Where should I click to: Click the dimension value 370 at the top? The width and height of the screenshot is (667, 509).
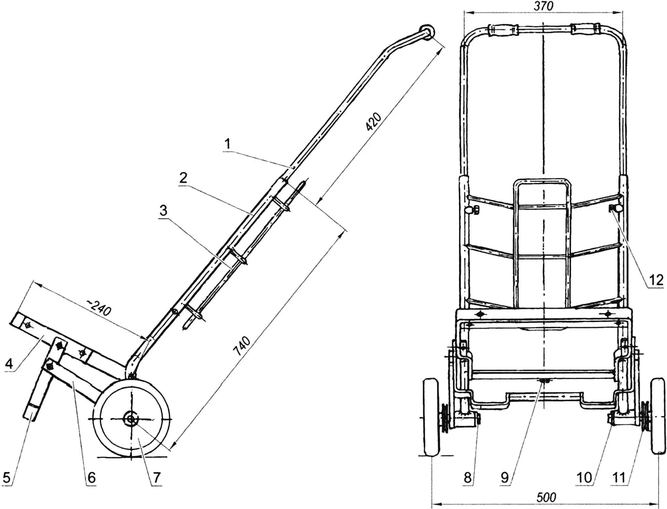(x=543, y=6)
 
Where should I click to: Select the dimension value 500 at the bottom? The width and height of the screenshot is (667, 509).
(x=546, y=497)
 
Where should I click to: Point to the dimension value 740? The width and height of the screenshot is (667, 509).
(x=243, y=346)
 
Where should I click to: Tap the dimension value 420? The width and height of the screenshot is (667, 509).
(x=373, y=121)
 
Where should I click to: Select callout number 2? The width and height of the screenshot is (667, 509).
(x=183, y=178)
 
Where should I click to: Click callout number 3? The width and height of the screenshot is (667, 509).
(x=163, y=210)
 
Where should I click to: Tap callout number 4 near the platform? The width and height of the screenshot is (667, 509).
(x=9, y=363)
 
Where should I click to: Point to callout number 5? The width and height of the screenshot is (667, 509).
(x=7, y=477)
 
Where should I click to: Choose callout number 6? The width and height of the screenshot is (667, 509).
(x=91, y=477)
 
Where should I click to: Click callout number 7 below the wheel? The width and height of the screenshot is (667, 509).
(x=157, y=477)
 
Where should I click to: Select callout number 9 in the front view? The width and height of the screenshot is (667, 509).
(x=505, y=477)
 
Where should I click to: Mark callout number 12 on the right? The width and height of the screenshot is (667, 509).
(x=656, y=280)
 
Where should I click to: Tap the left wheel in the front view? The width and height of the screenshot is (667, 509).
(x=431, y=417)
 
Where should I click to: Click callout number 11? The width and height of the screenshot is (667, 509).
(x=619, y=477)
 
